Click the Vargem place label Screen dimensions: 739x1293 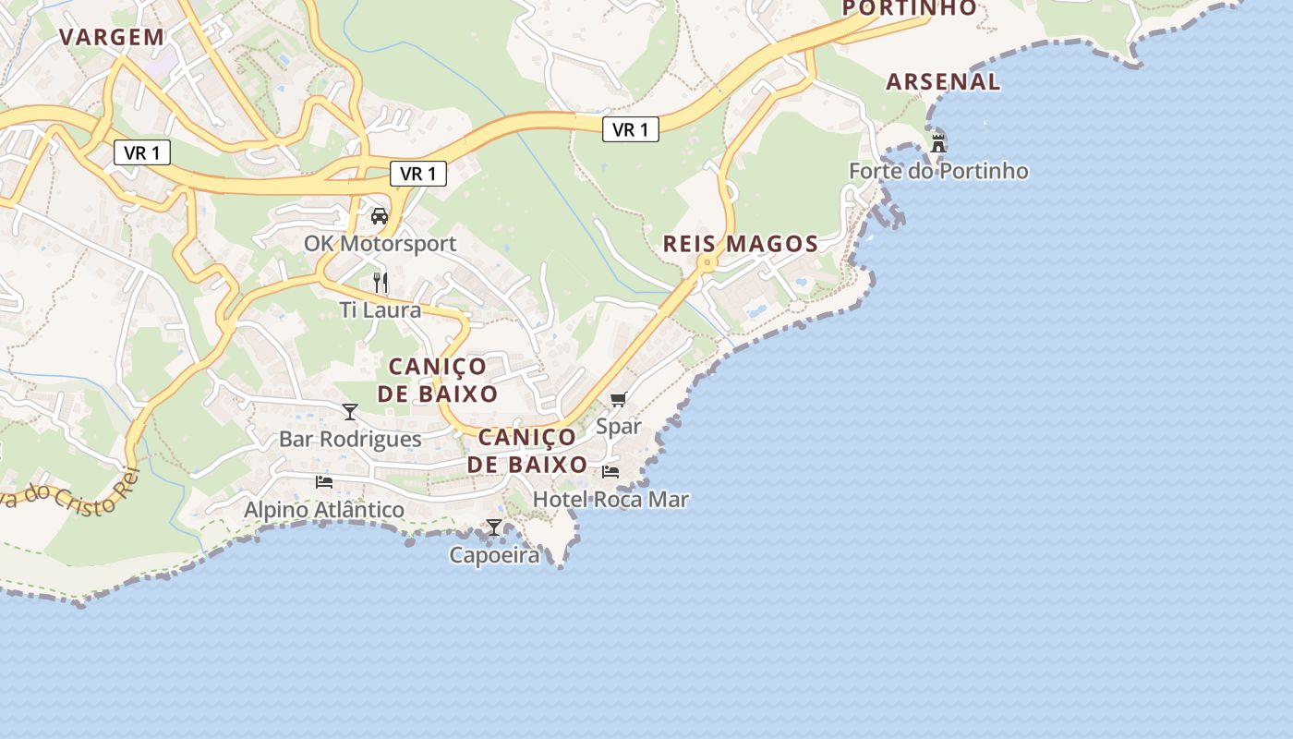click(x=112, y=37)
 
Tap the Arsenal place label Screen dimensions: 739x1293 click(x=943, y=81)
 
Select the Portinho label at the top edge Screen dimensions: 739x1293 click(x=910, y=8)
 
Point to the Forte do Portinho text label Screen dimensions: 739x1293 click(x=938, y=171)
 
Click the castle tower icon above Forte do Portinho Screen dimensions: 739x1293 click(x=938, y=143)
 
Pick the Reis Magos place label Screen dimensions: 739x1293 click(x=741, y=244)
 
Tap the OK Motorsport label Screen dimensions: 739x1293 click(x=381, y=244)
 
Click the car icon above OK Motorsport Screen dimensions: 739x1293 click(x=379, y=216)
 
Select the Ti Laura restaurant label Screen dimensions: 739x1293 click(x=381, y=309)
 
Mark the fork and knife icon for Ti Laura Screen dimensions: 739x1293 click(x=381, y=282)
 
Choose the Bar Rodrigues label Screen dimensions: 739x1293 click(x=350, y=439)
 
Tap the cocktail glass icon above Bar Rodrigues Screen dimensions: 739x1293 click(x=350, y=412)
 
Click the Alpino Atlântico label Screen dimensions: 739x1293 click(x=324, y=509)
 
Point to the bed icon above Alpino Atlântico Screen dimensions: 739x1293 click(x=324, y=481)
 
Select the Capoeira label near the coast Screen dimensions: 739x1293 click(x=494, y=554)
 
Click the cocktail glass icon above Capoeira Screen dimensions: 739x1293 click(x=494, y=527)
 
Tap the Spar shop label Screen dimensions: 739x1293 click(x=618, y=427)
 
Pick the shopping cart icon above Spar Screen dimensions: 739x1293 click(x=618, y=399)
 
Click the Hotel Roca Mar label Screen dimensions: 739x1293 click(x=610, y=499)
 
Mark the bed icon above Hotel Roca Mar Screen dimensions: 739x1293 click(x=610, y=471)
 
